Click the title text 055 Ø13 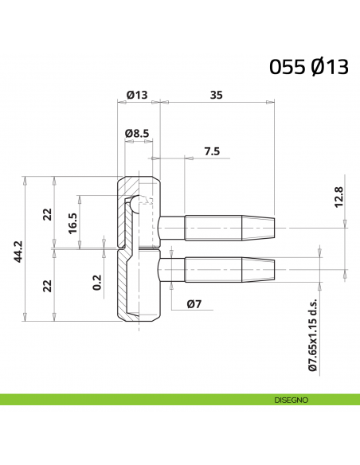309,67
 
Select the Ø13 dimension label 137,95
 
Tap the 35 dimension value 216,95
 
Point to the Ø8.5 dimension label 137,133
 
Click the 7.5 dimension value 212,150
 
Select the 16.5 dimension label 72,221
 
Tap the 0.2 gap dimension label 96,282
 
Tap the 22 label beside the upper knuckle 47,213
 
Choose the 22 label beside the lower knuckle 47,284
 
